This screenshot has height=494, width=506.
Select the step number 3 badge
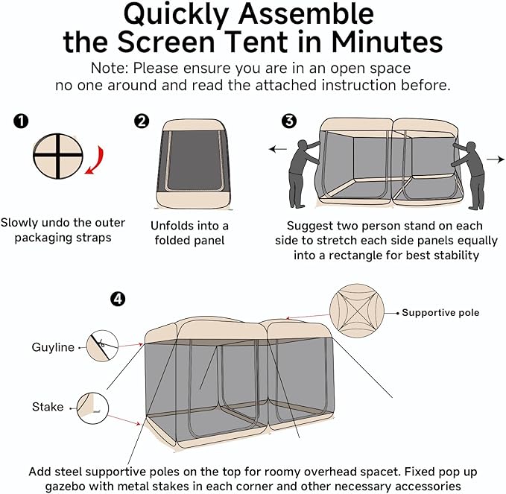(x=289, y=120)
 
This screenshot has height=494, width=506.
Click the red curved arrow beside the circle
(x=95, y=159)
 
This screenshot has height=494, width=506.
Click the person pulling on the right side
(x=469, y=171)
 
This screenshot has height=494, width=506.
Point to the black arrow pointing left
(x=278, y=149)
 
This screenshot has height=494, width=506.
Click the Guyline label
(x=53, y=347)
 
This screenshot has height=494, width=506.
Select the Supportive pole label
(x=440, y=312)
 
